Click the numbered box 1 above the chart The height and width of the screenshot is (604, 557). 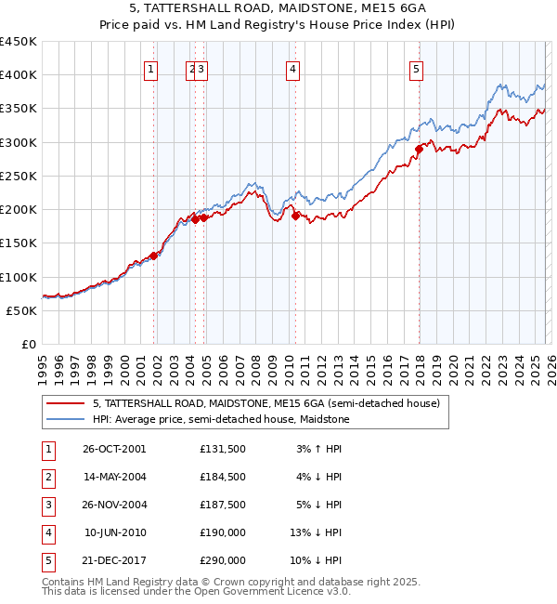150,68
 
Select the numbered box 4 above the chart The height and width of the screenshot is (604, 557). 292,68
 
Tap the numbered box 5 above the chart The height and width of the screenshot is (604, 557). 416,68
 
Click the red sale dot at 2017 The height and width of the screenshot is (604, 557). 419,149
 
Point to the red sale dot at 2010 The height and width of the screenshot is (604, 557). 296,216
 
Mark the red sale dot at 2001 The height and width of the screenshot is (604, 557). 154,256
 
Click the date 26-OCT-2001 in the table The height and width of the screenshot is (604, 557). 114,448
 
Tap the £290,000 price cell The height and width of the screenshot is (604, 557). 222,560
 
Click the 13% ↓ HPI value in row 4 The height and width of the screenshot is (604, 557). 317,532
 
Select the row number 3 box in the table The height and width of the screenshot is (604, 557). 45,505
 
